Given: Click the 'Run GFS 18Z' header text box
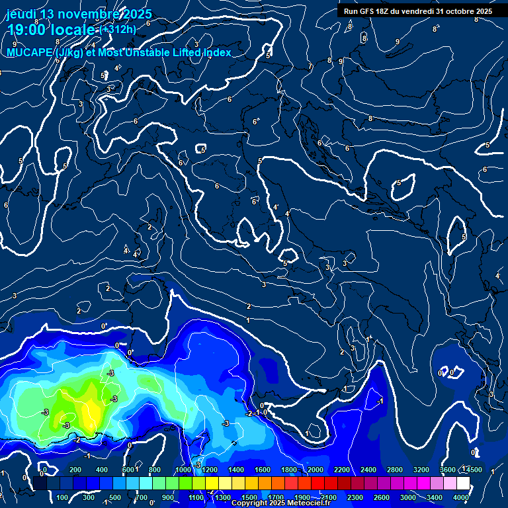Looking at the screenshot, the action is (418, 11).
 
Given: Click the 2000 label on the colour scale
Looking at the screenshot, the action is (316, 470).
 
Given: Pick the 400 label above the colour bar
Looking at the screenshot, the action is (102, 470).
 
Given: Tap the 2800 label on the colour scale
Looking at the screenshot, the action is (395, 470).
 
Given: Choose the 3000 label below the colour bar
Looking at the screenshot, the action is (408, 497).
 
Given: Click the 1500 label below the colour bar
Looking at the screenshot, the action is (249, 497).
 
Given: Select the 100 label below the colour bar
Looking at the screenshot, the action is (63, 497).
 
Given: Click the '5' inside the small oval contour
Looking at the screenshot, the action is (399, 183).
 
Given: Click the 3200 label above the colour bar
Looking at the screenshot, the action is (421, 470).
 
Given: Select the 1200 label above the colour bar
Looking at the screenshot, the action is (209, 470).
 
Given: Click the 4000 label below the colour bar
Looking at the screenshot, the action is (461, 497).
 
